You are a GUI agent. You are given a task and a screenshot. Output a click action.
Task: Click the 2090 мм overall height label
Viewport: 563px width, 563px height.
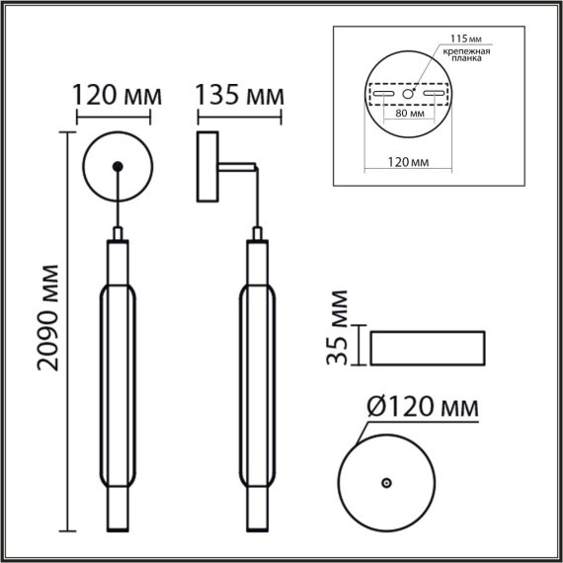(46, 317)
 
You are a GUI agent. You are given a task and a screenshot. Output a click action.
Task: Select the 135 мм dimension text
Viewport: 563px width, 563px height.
(240, 97)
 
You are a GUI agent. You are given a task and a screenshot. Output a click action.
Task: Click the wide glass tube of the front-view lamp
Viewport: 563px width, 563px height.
(118, 381)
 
